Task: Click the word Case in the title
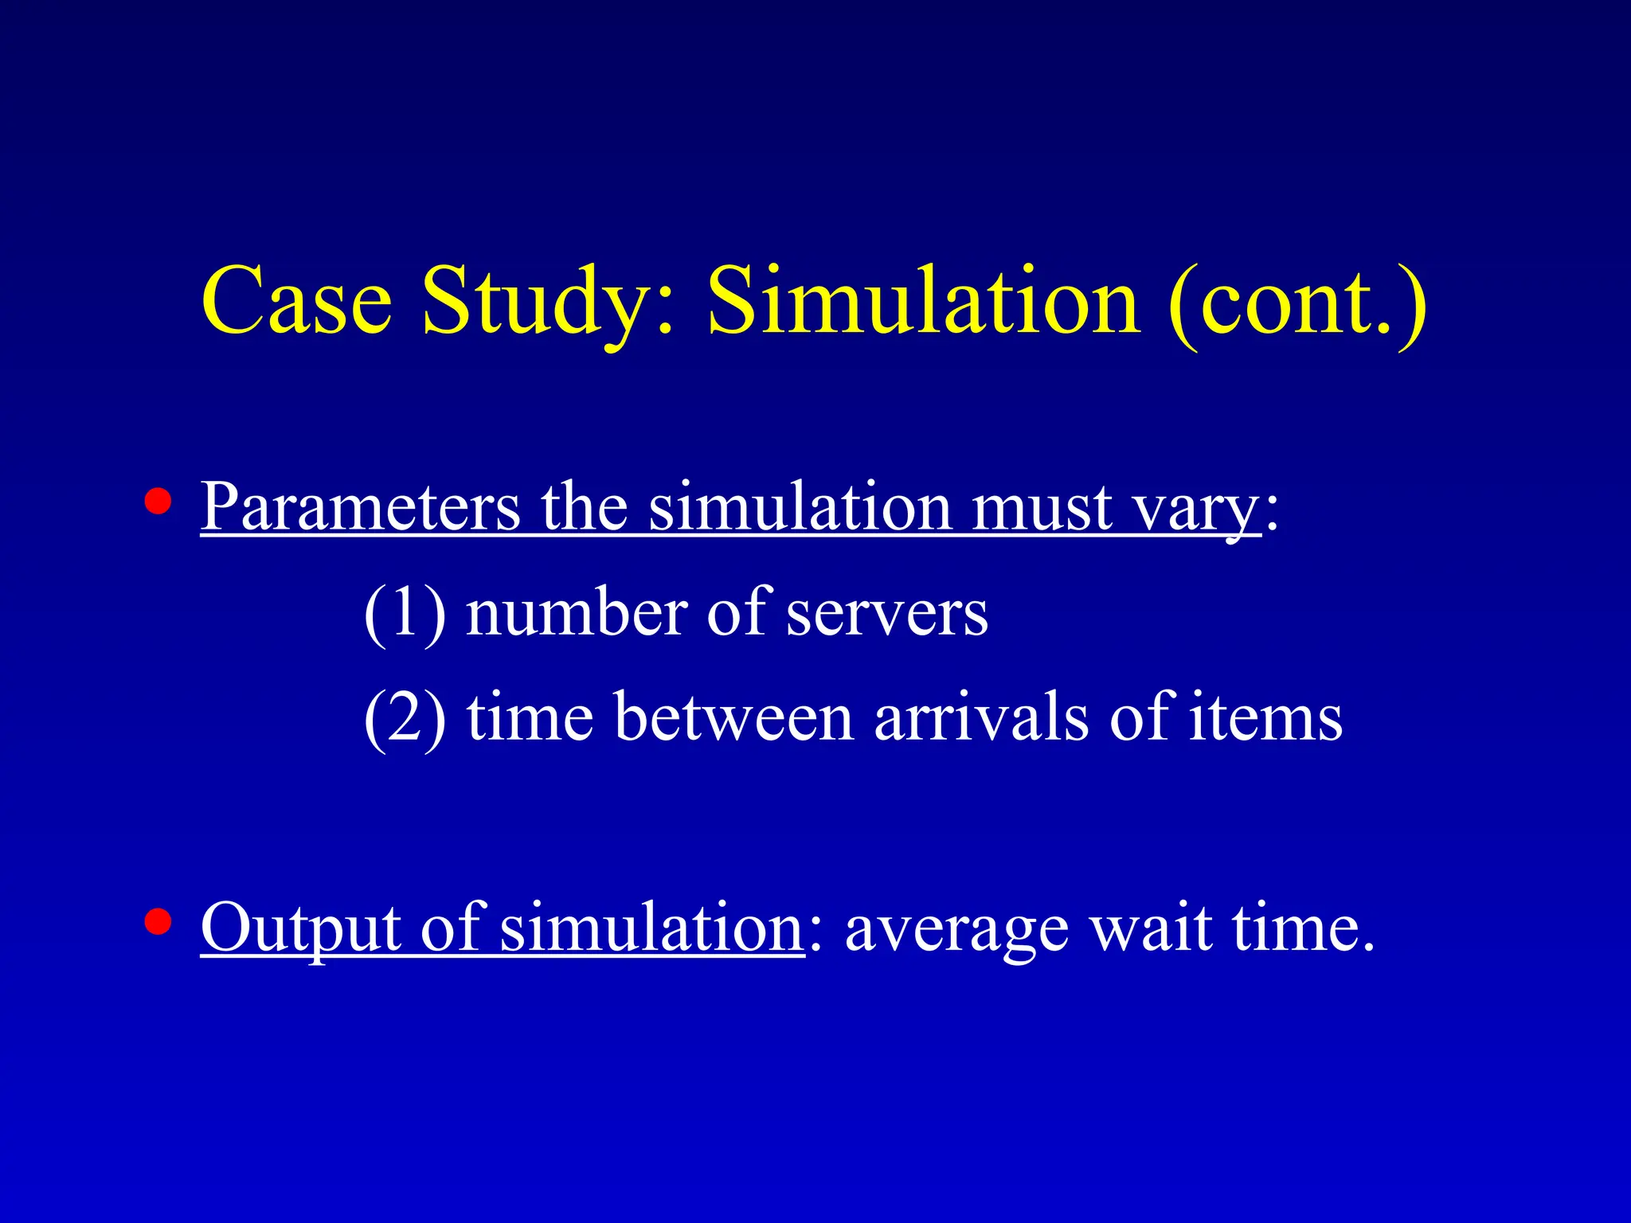pyautogui.click(x=296, y=303)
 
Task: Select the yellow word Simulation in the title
pyautogui.click(x=924, y=303)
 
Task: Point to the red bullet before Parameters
pyautogui.click(x=158, y=502)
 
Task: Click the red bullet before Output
pyautogui.click(x=158, y=922)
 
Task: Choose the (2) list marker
pyautogui.click(x=405, y=719)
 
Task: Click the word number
pyautogui.click(x=577, y=613)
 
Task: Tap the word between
pyautogui.click(x=733, y=717)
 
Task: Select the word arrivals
pyautogui.click(x=981, y=717)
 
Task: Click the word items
pyautogui.click(x=1266, y=717)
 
